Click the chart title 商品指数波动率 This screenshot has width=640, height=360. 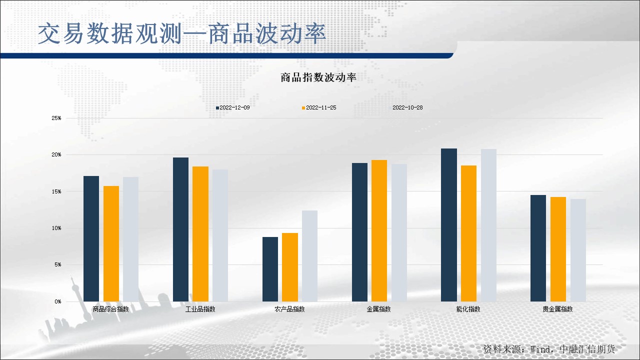pyautogui.click(x=318, y=77)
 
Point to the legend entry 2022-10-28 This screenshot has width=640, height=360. pyautogui.click(x=407, y=107)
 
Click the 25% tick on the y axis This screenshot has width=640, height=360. pyautogui.click(x=56, y=118)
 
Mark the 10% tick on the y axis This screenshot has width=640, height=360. pyautogui.click(x=56, y=228)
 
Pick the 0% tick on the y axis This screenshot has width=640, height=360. pyautogui.click(x=57, y=301)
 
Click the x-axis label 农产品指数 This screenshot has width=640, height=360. pyautogui.click(x=289, y=309)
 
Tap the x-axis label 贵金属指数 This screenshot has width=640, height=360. pyautogui.click(x=557, y=309)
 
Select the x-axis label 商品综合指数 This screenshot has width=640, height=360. pyautogui.click(x=110, y=309)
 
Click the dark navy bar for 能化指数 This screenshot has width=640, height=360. pyautogui.click(x=449, y=225)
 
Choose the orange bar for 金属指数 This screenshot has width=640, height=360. pyautogui.click(x=379, y=230)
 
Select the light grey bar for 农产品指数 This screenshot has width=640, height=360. pyautogui.click(x=309, y=256)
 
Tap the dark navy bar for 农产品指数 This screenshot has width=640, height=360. pyautogui.click(x=270, y=269)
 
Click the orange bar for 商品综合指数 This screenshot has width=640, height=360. pyautogui.click(x=111, y=243)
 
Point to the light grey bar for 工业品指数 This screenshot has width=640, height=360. pyautogui.click(x=220, y=235)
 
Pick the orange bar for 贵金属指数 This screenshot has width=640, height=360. pyautogui.click(x=558, y=249)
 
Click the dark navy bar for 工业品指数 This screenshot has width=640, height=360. pyautogui.click(x=181, y=229)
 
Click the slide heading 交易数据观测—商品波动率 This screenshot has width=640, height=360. pyautogui.click(x=182, y=33)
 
